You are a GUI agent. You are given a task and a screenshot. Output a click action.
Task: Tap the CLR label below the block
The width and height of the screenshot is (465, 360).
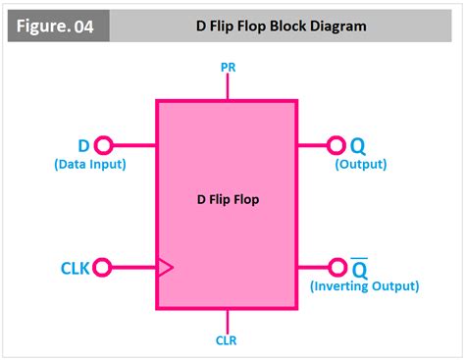click(x=227, y=340)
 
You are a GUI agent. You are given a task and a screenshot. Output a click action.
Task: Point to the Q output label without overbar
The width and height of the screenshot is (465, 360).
click(x=358, y=145)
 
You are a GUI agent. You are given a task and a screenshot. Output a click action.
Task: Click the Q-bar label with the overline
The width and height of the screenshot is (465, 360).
click(x=359, y=268)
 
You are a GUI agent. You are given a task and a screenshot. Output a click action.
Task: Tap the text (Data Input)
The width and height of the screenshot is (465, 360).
click(x=89, y=164)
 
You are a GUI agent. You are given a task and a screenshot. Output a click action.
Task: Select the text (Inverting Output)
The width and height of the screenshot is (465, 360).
click(x=364, y=286)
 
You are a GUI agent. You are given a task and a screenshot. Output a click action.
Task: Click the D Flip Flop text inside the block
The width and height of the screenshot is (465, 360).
click(x=227, y=201)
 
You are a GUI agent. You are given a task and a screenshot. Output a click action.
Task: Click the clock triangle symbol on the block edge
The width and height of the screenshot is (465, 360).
click(x=165, y=266)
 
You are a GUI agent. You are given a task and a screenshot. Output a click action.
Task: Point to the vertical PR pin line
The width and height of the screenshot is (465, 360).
click(x=227, y=85)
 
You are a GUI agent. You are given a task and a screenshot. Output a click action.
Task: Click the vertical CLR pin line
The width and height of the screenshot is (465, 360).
click(x=227, y=320)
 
